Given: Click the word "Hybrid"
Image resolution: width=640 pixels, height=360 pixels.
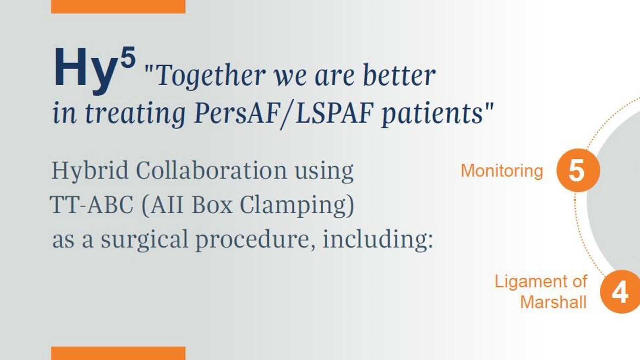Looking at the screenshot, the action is coord(90,171).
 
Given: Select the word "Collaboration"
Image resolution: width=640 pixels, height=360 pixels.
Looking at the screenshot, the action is coord(212,170).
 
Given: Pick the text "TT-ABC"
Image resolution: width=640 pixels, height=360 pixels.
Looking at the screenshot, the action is coord(92,204).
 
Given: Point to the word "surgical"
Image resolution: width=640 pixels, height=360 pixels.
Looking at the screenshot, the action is coord(144,240).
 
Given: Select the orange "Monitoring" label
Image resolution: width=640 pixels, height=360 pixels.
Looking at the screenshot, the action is coord(502,171).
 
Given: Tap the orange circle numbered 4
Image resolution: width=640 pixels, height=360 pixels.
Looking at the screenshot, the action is coord(620,292).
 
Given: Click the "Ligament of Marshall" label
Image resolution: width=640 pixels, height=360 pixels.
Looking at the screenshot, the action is coord(540,292).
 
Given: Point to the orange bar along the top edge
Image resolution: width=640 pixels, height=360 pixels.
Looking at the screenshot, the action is coord(118,6).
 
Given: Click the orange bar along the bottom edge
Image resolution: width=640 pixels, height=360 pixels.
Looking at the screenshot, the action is coord(118,354).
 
